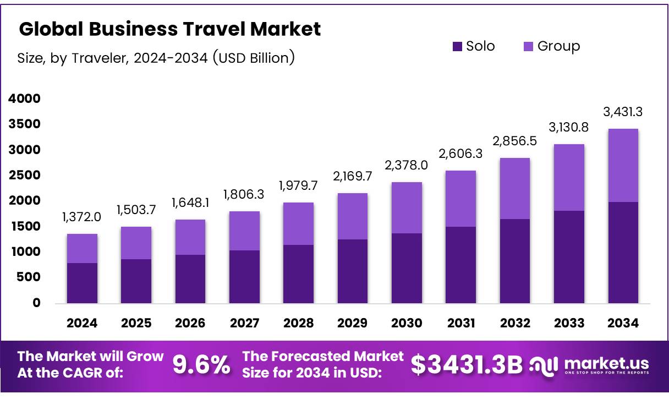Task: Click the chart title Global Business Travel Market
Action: pyautogui.click(x=169, y=29)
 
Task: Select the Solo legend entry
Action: pyautogui.click(x=474, y=46)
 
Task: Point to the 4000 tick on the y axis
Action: pyautogui.click(x=24, y=99)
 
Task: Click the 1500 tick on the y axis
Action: pyautogui.click(x=24, y=227)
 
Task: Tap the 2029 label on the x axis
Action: pyautogui.click(x=352, y=324)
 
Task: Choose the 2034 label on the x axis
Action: pyautogui.click(x=623, y=324)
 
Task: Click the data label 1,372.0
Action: pyautogui.click(x=81, y=217)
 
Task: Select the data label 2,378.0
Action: pyautogui.click(x=407, y=166)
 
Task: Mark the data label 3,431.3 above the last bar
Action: pyautogui.click(x=623, y=112)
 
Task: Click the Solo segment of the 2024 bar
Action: pyautogui.click(x=82, y=283)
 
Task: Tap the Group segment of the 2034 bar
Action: pyautogui.click(x=623, y=165)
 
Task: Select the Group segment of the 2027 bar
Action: pyautogui.click(x=244, y=231)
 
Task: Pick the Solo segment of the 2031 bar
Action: pyautogui.click(x=460, y=265)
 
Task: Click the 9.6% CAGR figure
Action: pyautogui.click(x=201, y=365)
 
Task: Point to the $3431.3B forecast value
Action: pyautogui.click(x=467, y=365)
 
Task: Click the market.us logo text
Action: pyautogui.click(x=606, y=363)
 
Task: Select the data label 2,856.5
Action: pyautogui.click(x=515, y=141)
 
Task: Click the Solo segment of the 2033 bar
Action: pyautogui.click(x=569, y=256)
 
